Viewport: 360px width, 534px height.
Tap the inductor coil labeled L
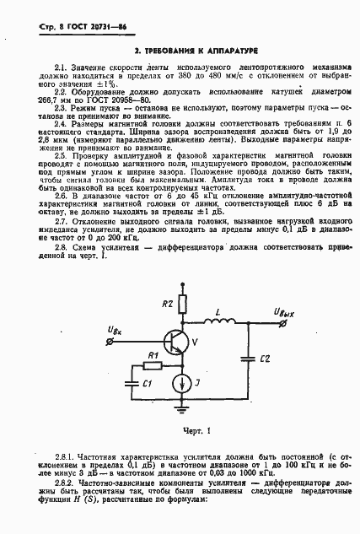tap(218, 320)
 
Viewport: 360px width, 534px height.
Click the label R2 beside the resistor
tap(167, 302)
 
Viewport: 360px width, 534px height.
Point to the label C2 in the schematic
tap(264, 358)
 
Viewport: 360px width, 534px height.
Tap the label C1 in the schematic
tap(147, 384)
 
